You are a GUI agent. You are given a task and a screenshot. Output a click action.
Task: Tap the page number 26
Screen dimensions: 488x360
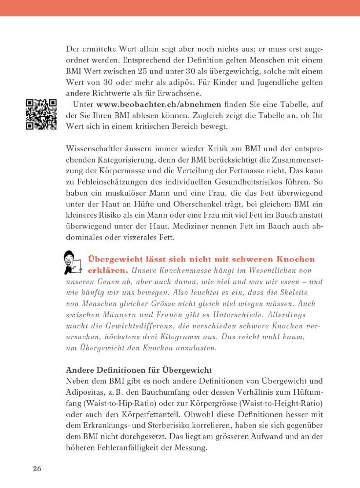coord(37,469)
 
